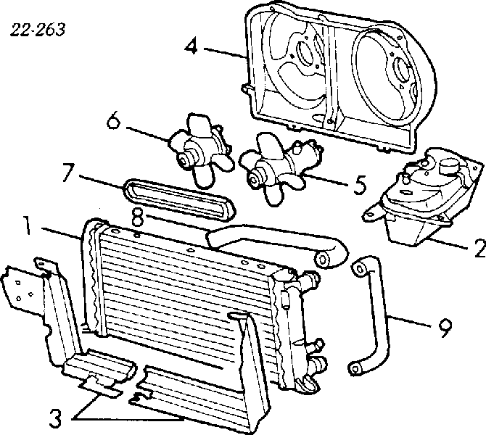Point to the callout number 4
[x=191, y=48]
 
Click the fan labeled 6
[x=196, y=147]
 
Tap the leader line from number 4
[x=221, y=52]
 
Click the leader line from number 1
[x=62, y=233]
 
